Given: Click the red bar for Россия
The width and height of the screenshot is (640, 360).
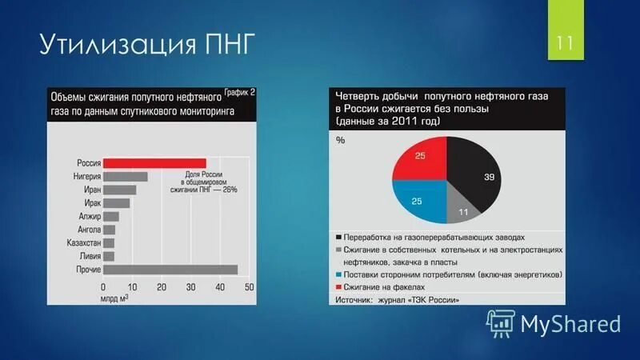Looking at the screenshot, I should click(x=154, y=163).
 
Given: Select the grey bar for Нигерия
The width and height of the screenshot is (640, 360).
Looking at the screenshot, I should click(x=125, y=177).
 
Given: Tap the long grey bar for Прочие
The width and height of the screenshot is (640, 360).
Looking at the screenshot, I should click(x=170, y=270).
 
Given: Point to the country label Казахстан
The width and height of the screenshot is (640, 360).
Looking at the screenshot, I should click(x=80, y=242).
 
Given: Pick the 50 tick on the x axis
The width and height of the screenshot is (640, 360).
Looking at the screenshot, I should click(x=249, y=287).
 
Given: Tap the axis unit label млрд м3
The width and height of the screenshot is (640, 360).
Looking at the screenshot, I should click(x=115, y=298).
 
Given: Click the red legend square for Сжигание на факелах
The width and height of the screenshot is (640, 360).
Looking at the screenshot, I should click(x=340, y=286).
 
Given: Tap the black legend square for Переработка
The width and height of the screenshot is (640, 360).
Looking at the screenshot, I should click(x=340, y=238).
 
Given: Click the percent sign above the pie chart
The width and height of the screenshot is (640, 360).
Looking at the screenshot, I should click(x=340, y=141).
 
